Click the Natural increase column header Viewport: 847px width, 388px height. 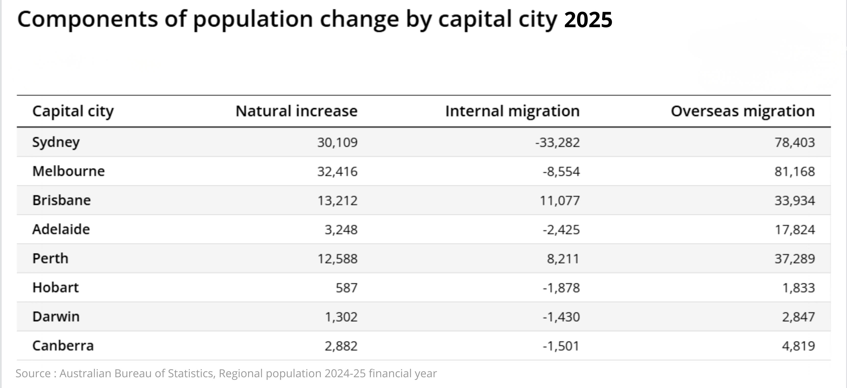[x=297, y=111]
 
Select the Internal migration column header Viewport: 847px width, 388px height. [x=512, y=111]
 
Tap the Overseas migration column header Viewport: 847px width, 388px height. [x=743, y=111]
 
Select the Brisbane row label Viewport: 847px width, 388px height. [x=62, y=200]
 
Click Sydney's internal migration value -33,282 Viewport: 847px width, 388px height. [x=558, y=143]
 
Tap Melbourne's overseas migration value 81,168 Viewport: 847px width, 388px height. [x=795, y=171]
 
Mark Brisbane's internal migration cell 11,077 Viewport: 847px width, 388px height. [x=560, y=200]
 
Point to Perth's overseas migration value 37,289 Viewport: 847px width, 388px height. [x=795, y=259]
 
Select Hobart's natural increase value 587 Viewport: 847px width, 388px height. [x=347, y=288]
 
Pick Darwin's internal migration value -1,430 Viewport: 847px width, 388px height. [x=561, y=317]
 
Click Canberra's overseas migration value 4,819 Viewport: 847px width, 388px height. [x=798, y=346]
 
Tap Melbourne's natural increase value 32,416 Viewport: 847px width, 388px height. [x=337, y=171]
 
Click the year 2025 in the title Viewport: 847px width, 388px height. [x=588, y=20]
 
